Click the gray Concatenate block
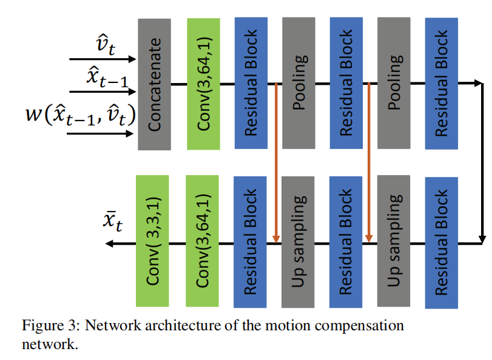154,84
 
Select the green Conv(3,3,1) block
153,241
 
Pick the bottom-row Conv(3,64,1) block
202,241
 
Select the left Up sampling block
298,241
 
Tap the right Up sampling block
393,241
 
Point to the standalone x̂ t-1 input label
109,78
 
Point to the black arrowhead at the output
110,243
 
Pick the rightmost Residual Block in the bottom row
441,242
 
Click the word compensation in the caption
349,325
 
